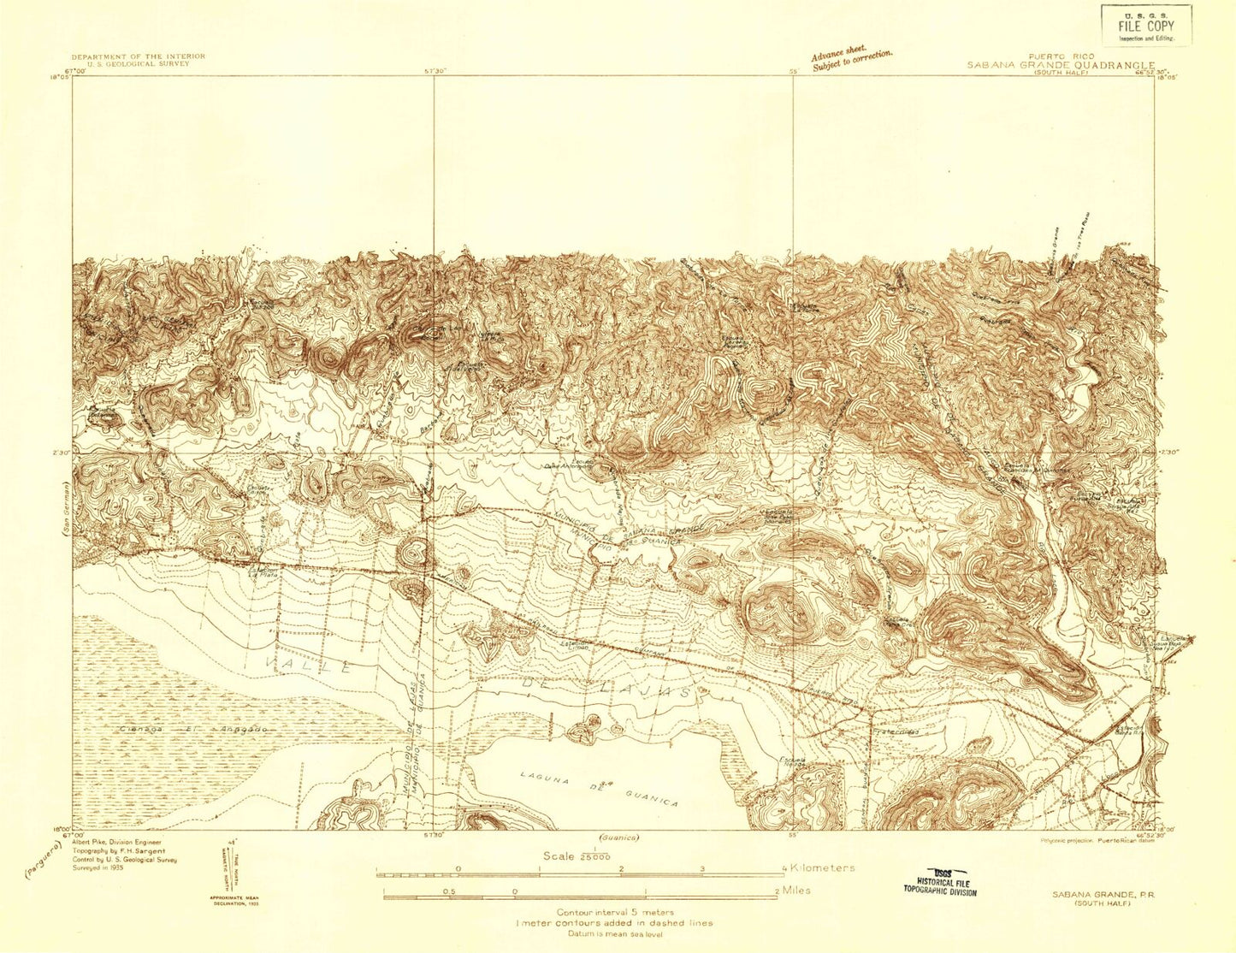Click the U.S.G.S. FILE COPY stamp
pos(1145,25)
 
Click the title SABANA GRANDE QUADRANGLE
pos(1061,65)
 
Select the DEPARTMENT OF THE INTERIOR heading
pos(138,56)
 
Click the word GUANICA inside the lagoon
pos(649,797)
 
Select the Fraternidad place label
pos(896,732)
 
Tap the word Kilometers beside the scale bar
pos(822,867)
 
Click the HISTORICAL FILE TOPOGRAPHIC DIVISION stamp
pos(939,883)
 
